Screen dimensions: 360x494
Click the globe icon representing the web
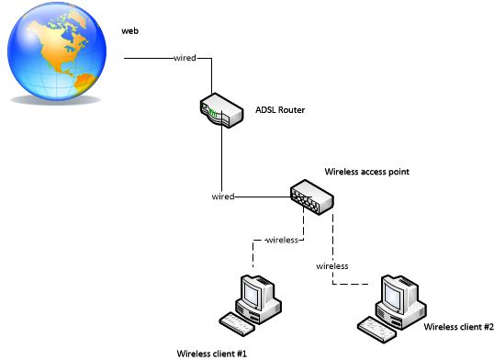tap(54, 54)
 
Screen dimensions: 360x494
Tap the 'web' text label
tap(129, 31)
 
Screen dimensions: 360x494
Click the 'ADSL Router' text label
tap(280, 110)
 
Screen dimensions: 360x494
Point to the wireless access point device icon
tap(311, 196)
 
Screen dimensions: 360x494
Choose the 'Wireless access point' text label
tap(366, 172)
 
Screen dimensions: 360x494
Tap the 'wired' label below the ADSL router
tap(222, 196)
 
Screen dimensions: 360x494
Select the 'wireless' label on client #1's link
tap(281, 241)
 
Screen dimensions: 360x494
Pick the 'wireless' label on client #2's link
tap(331, 265)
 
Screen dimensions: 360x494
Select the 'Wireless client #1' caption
tap(212, 353)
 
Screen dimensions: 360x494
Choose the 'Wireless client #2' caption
tap(458, 325)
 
